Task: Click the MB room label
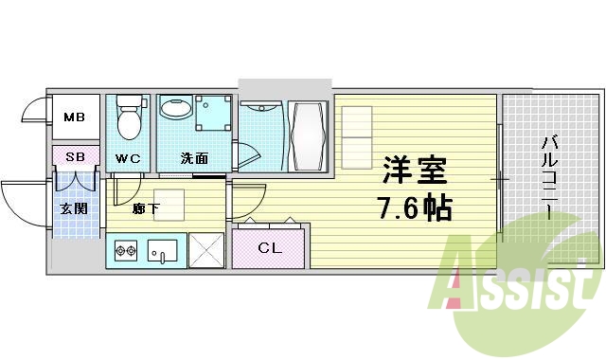(x=73, y=118)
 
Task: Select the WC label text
(x=128, y=158)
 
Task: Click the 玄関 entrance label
(x=74, y=207)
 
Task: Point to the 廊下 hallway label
(x=146, y=207)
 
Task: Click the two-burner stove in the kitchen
(x=126, y=251)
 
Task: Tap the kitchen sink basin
(x=163, y=251)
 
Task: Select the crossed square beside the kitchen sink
(x=205, y=250)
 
